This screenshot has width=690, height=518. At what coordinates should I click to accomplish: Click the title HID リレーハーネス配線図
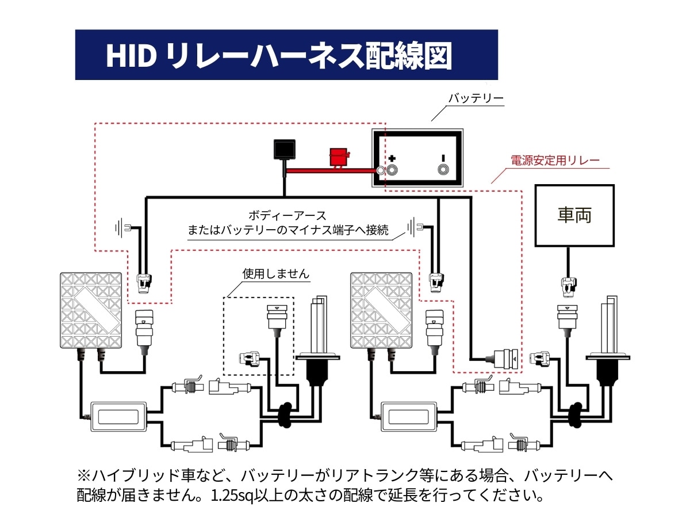tap(278, 56)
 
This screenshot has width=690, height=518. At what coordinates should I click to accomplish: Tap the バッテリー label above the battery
tap(476, 98)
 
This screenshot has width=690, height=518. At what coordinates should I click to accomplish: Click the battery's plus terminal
tap(393, 170)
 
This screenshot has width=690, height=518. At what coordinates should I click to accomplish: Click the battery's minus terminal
tap(443, 170)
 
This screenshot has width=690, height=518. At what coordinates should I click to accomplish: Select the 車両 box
tap(574, 215)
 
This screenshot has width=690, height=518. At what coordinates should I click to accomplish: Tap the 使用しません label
tap(275, 274)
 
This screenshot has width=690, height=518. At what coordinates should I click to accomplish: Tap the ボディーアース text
tap(287, 216)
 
